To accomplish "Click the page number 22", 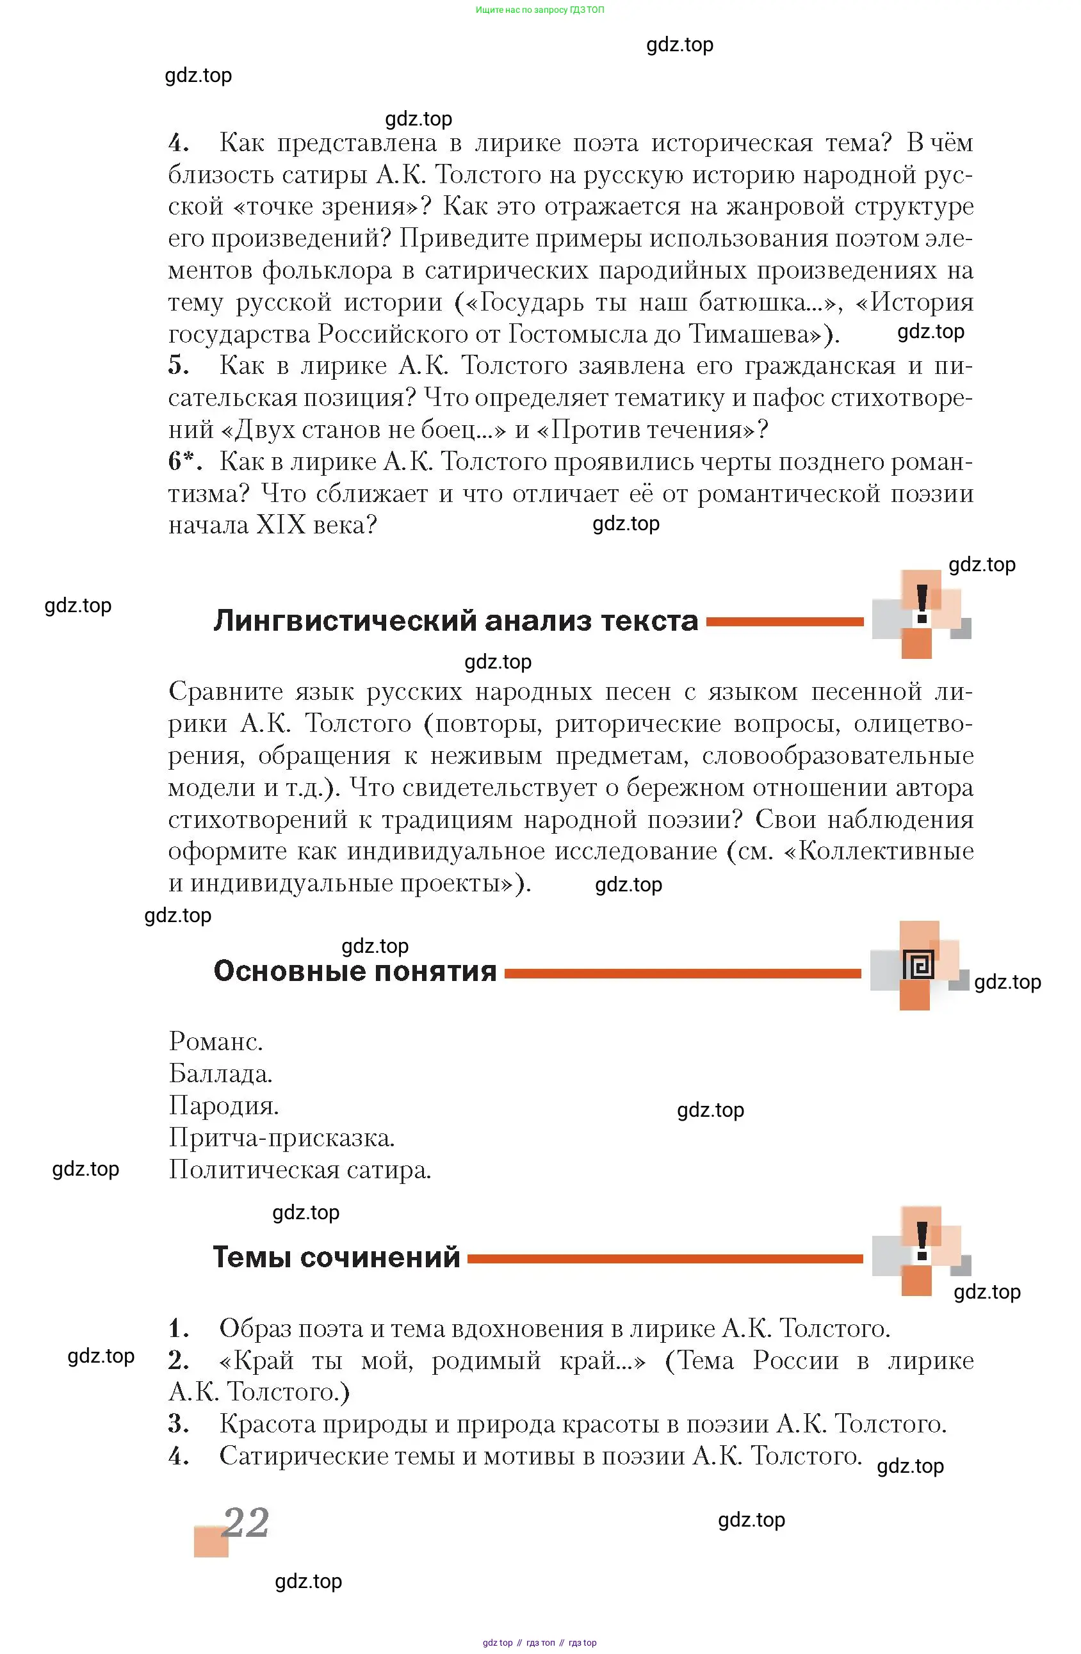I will pos(245,1523).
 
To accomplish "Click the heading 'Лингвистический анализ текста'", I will pos(455,620).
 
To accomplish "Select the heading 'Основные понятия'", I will pos(355,971).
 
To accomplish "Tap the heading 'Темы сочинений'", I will pos(336,1257).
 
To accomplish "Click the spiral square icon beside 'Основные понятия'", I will pos(918,966).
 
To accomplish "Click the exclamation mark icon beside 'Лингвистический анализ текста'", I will pos(922,603).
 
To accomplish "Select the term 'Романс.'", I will pos(216,1041).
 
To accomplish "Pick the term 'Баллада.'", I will pos(220,1074).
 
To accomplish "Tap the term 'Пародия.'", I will pos(223,1106).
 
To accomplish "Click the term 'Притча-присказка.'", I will pos(282,1138).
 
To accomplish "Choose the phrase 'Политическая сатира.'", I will pos(300,1170).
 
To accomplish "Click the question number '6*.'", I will pos(185,461).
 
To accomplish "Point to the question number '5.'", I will pos(179,365).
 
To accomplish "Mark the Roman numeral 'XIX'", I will pos(281,524).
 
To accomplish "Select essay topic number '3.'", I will pos(179,1424).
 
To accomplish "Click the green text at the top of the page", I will pos(539,10).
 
